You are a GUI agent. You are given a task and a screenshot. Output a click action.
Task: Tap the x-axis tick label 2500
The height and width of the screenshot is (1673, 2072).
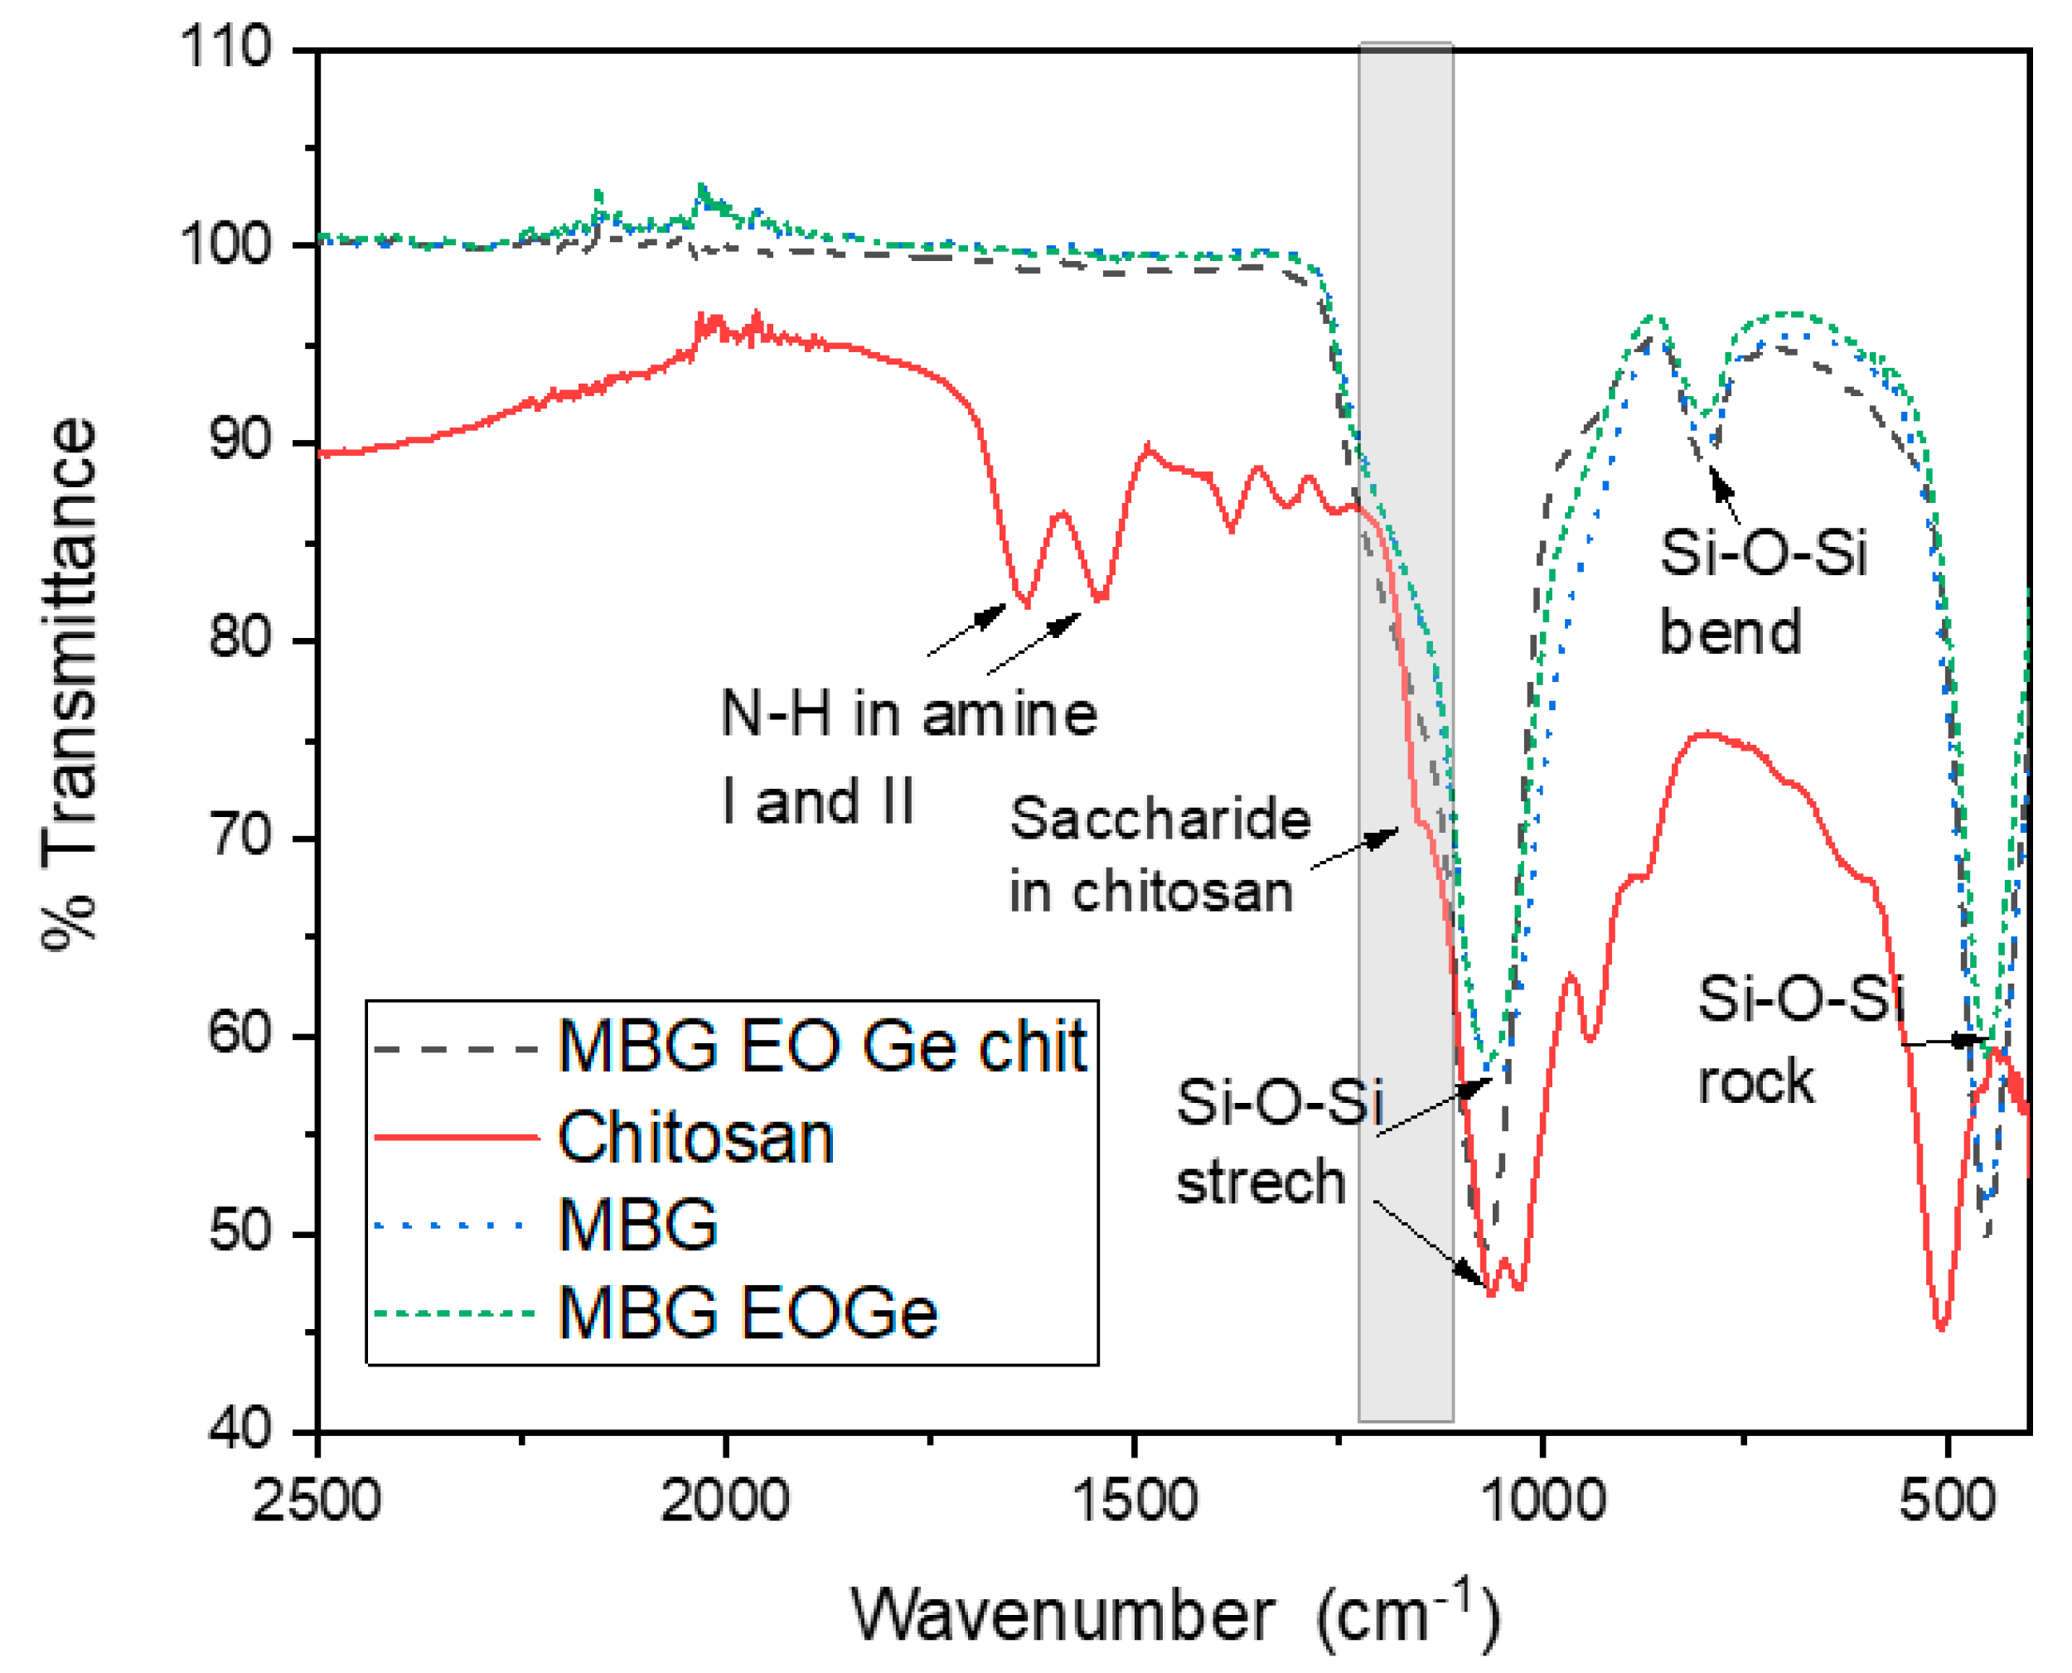[x=317, y=1501]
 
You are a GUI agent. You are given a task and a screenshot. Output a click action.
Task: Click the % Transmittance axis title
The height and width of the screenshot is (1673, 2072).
[x=70, y=684]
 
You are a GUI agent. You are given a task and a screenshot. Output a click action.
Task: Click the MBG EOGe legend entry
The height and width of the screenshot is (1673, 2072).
[x=747, y=1313]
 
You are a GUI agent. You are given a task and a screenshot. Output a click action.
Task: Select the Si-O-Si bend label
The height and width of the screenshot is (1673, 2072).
[x=1762, y=592]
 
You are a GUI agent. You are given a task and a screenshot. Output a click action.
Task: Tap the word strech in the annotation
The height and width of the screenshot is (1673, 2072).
[x=1261, y=1182]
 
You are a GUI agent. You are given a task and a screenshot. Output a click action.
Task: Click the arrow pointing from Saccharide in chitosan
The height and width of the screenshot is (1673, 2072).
[x=1354, y=848]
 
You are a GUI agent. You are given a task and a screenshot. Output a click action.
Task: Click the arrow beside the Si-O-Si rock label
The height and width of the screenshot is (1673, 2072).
[x=1942, y=1042]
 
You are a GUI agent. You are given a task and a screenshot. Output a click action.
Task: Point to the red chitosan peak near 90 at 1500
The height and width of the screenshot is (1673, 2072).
[x=1147, y=447]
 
